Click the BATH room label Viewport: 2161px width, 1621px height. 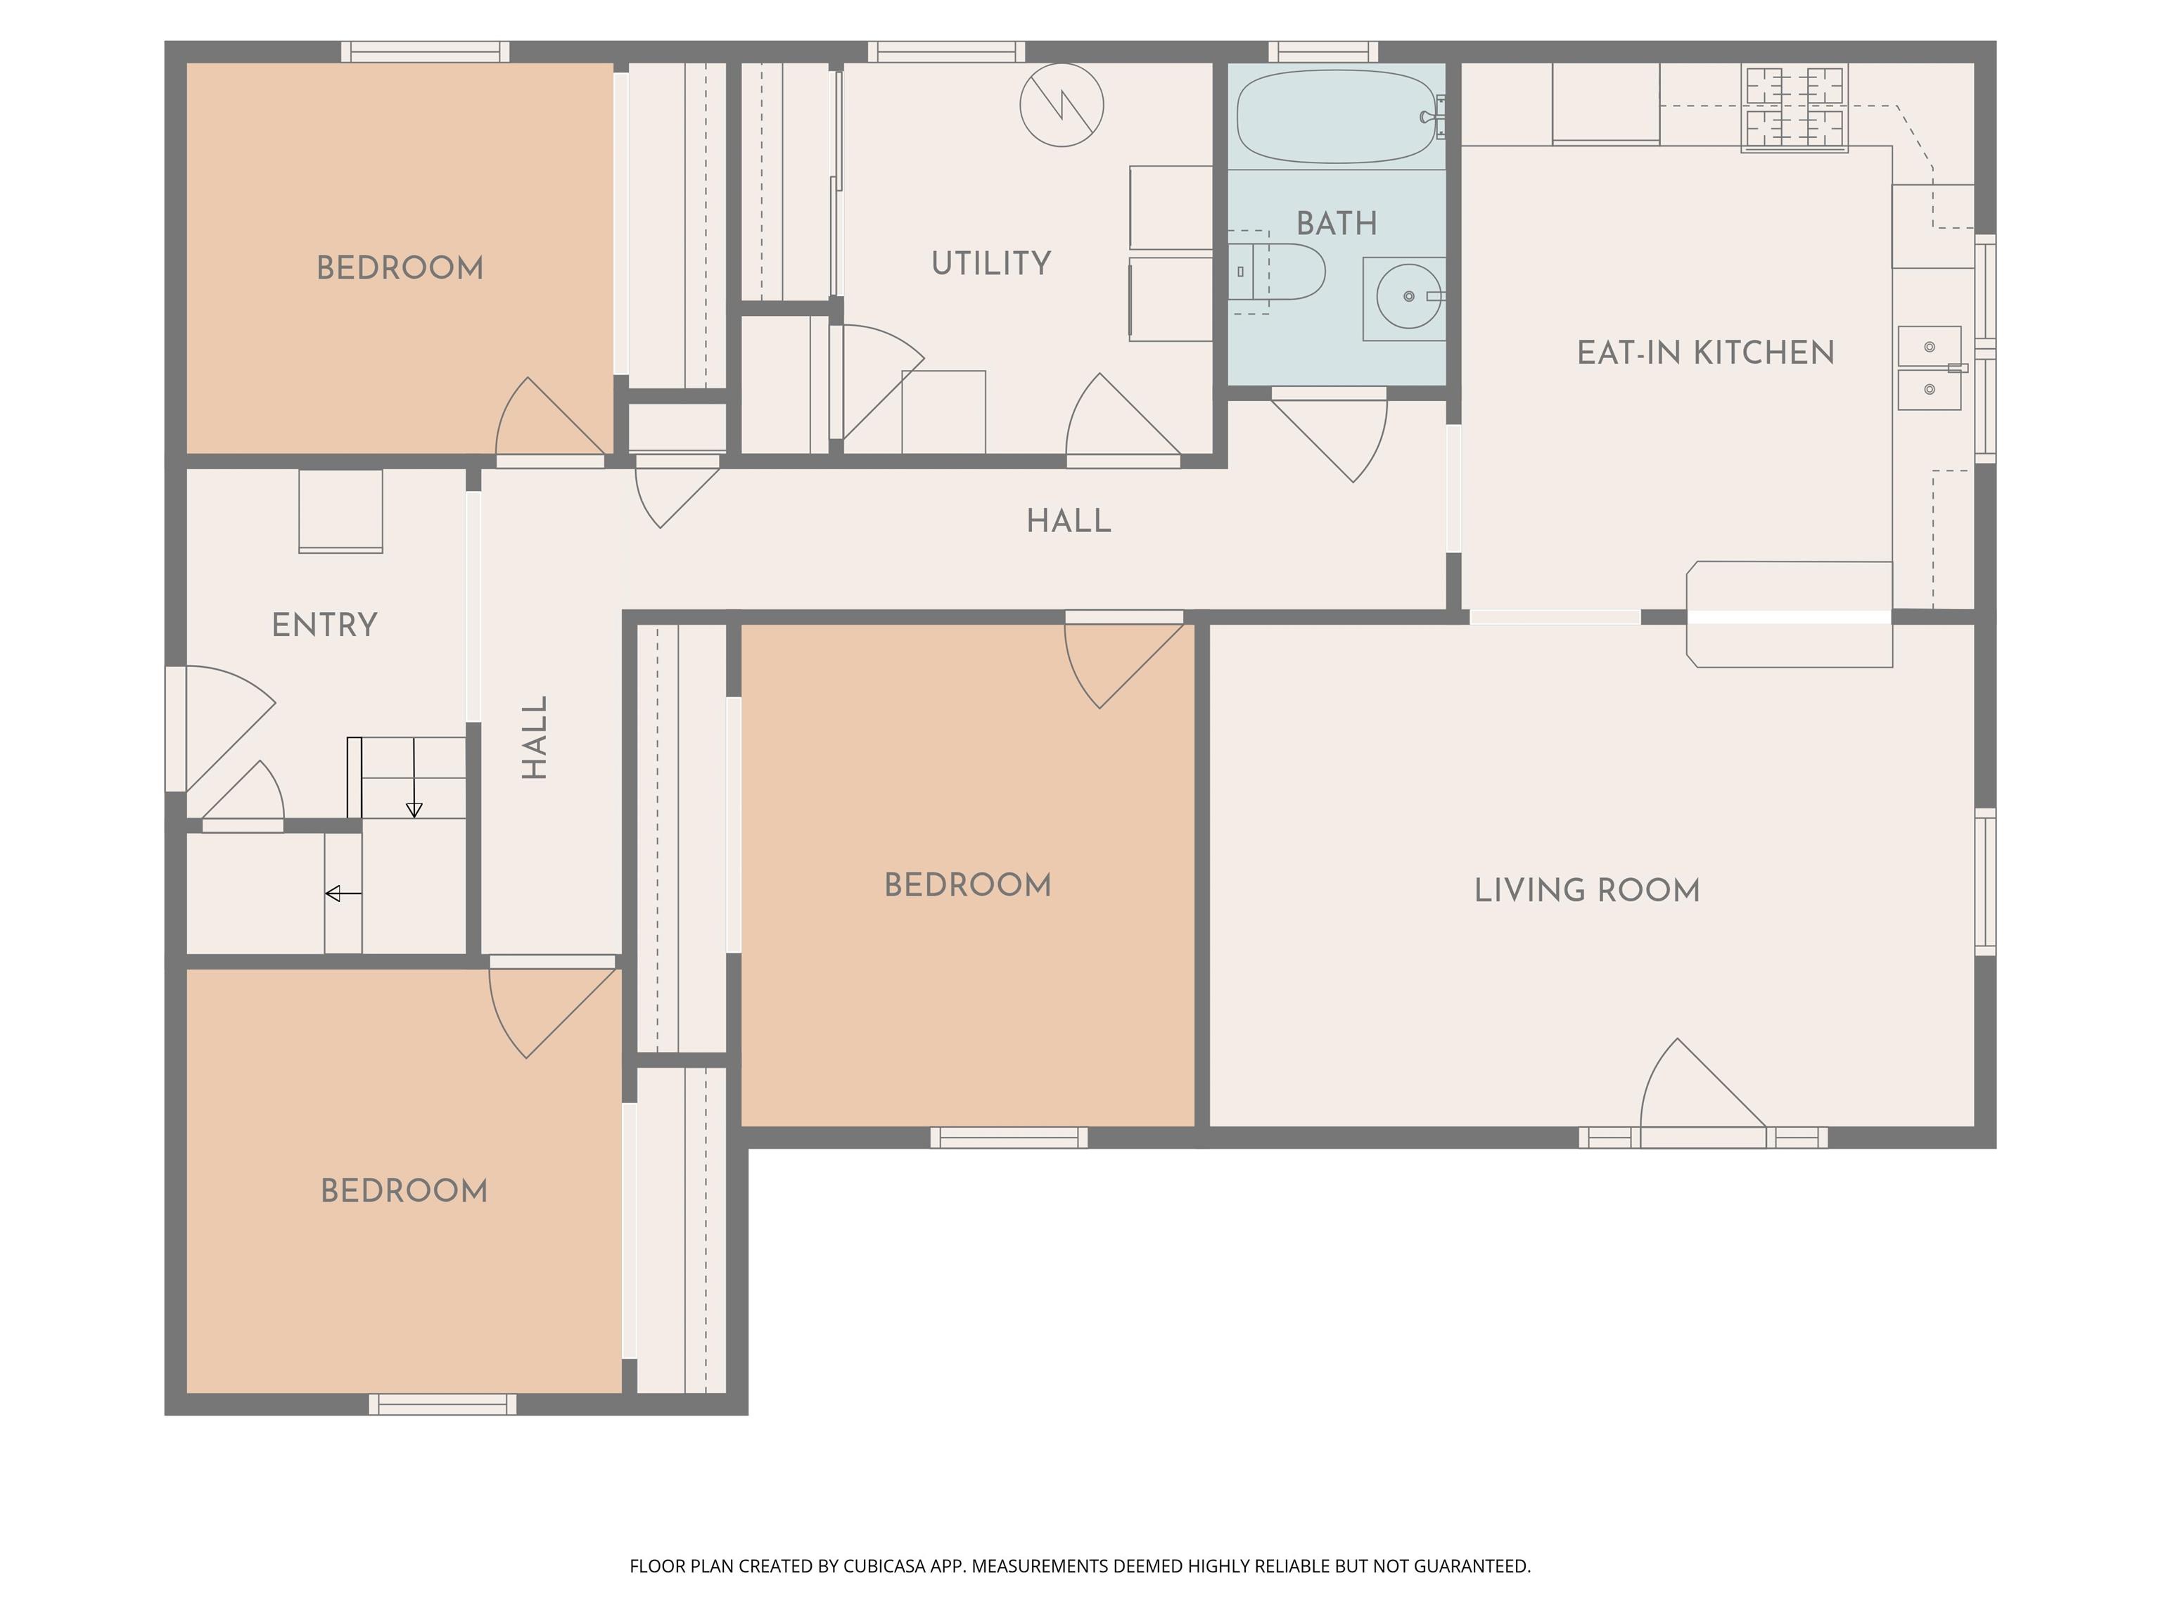click(1337, 224)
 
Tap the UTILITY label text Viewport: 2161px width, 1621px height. click(990, 263)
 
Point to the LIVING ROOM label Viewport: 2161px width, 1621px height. click(1586, 890)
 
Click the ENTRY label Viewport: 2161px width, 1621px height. click(324, 624)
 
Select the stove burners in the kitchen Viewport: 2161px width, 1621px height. click(1795, 108)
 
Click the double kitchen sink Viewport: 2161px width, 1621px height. click(1930, 367)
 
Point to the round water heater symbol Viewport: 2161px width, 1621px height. click(1062, 105)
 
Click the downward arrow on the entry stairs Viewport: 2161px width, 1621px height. click(414, 777)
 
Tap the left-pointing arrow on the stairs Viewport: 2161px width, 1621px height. click(343, 893)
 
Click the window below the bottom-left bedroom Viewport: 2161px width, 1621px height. click(442, 1404)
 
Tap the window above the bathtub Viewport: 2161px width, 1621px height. click(1322, 52)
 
